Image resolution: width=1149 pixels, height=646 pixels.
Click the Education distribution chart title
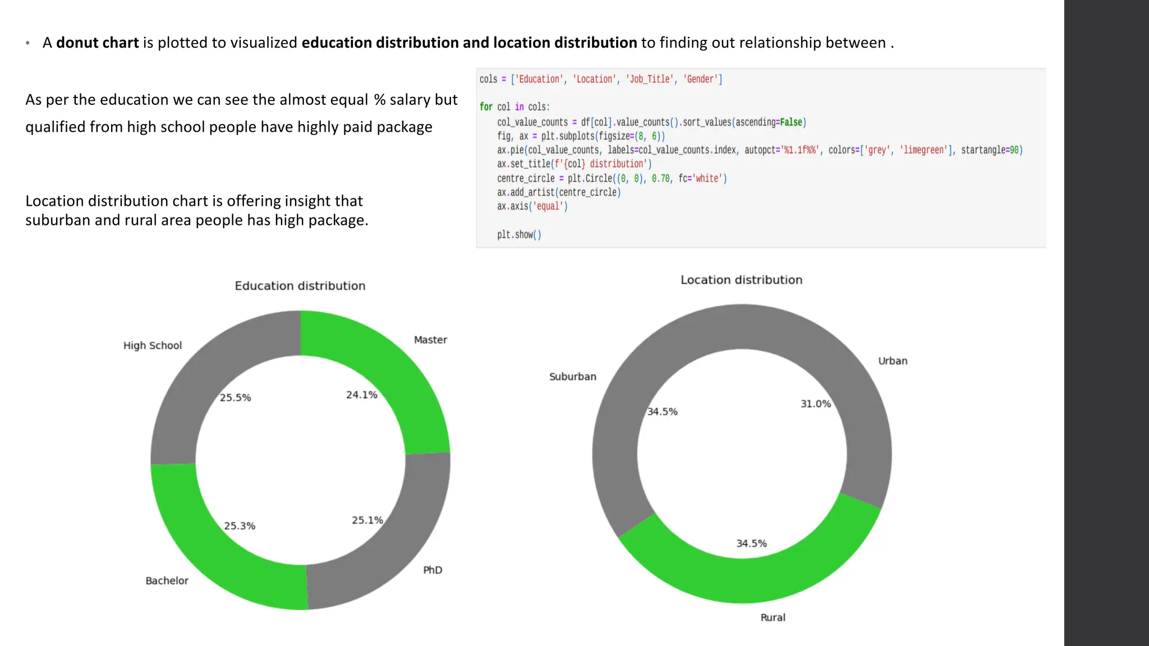click(x=300, y=286)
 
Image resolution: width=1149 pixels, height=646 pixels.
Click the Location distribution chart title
click(x=741, y=280)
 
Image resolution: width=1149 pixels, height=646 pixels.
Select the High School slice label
click(x=153, y=345)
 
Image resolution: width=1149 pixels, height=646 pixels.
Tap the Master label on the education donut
click(x=430, y=340)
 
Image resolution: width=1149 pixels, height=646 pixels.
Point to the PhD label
click(x=433, y=570)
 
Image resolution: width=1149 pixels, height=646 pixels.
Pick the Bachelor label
click(x=167, y=580)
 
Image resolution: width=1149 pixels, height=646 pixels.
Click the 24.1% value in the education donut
click(x=361, y=395)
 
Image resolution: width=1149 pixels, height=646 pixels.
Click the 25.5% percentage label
click(x=235, y=398)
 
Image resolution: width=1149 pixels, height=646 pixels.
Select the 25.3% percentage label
click(x=240, y=526)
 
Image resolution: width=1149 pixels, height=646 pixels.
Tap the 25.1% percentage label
click(x=367, y=520)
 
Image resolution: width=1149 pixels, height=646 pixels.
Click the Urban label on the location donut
click(x=893, y=361)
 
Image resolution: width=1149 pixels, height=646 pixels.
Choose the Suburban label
click(x=572, y=377)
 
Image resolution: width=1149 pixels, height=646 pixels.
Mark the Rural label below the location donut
click(x=773, y=617)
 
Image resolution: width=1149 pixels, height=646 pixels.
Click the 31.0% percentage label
click(x=816, y=404)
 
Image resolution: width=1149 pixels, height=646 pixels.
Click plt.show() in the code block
click(x=519, y=234)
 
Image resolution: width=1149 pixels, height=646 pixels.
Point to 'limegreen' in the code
click(x=923, y=150)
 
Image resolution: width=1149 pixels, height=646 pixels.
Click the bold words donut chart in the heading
click(x=97, y=43)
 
